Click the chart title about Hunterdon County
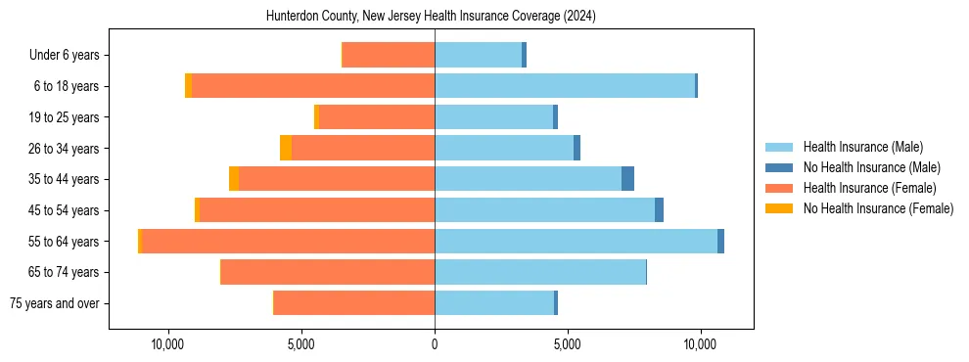click(x=431, y=17)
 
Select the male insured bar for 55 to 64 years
click(x=576, y=241)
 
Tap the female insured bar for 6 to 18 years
click(x=313, y=86)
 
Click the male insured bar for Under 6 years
click(x=478, y=55)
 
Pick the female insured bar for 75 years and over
click(x=354, y=303)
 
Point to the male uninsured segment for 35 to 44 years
click(x=627, y=179)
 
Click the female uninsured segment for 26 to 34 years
click(x=286, y=148)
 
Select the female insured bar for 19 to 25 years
click(x=377, y=117)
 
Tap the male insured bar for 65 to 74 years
click(x=540, y=272)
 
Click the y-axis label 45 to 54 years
click(x=64, y=210)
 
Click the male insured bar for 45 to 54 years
click(x=544, y=210)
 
